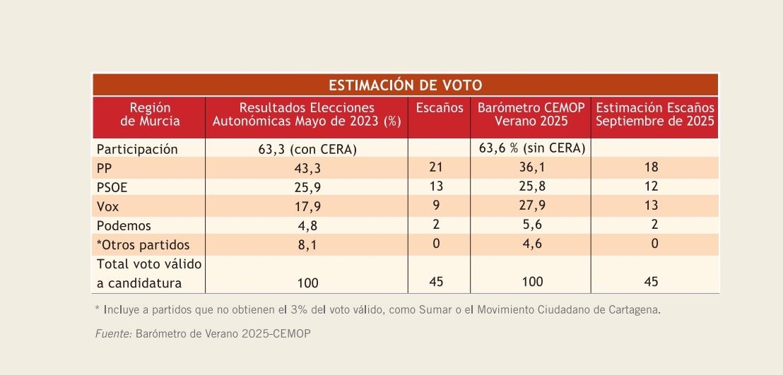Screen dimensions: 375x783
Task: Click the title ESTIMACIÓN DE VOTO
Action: point(405,85)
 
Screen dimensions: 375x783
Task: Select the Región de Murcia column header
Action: point(150,114)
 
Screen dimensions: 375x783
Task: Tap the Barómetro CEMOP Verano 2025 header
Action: point(531,114)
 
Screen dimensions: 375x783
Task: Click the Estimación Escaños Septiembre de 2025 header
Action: point(655,114)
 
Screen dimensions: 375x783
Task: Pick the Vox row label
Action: point(107,206)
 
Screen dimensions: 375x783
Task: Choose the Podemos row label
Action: point(124,226)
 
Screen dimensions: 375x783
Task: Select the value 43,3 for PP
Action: point(307,168)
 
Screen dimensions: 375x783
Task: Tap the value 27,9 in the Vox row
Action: point(532,206)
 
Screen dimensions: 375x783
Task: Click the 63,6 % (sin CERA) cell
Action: point(532,148)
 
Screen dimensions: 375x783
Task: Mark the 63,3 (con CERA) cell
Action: point(307,150)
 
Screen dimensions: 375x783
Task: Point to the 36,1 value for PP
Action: point(532,168)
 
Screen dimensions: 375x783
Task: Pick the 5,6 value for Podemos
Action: point(532,225)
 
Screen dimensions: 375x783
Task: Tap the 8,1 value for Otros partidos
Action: point(307,245)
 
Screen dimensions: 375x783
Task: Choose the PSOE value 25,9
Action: point(307,186)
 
